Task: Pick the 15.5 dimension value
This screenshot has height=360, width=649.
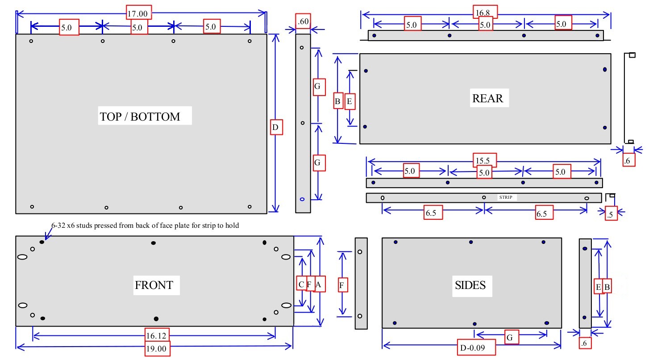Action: (484, 160)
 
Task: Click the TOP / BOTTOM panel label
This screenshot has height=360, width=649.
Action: (140, 117)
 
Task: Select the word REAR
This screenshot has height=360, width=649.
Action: (487, 99)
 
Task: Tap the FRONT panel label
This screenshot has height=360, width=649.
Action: (154, 285)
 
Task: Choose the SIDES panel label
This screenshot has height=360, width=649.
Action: (470, 285)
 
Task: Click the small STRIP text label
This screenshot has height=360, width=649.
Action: (506, 197)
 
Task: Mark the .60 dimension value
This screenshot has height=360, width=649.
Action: (304, 21)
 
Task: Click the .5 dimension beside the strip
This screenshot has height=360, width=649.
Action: (610, 214)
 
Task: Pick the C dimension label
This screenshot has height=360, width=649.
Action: (302, 284)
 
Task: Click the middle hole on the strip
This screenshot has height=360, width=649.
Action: (484, 197)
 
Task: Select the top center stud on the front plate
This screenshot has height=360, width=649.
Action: (154, 243)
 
